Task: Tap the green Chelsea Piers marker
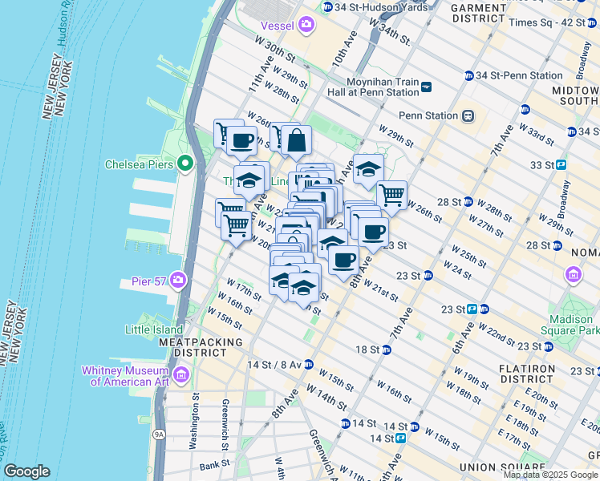185,164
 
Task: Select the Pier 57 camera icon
177,281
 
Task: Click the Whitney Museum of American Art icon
182,374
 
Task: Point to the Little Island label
153,329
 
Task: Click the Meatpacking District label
201,347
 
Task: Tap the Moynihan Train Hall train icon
426,87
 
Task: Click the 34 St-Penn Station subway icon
468,76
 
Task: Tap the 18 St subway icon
387,350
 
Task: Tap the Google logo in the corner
26,471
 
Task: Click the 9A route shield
160,434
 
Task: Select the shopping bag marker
296,141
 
